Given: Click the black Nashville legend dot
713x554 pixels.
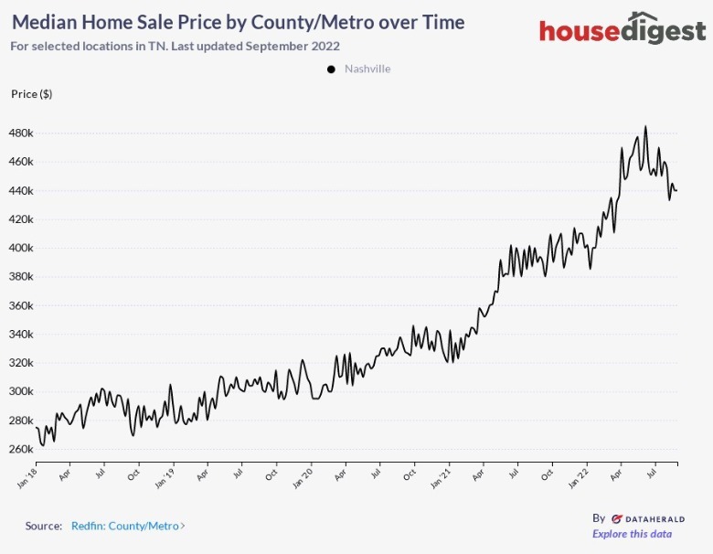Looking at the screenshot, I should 330,69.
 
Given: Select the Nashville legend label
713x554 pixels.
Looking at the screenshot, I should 367,69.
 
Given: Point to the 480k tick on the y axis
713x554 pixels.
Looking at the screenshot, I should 22,133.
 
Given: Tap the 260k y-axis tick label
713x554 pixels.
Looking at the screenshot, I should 22,449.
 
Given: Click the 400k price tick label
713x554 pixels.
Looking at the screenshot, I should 22,248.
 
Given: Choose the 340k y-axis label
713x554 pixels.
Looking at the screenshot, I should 22,334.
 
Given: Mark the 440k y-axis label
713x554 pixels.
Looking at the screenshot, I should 22,190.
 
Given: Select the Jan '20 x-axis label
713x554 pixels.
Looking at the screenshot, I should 303,476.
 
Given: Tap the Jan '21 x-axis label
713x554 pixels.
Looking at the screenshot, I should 441,476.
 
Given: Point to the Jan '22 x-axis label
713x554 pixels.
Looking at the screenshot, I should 579,476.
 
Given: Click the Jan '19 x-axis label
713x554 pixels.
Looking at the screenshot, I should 165,476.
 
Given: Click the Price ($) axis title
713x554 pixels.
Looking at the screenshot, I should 31,94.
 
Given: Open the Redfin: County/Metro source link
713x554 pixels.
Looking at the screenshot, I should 128,526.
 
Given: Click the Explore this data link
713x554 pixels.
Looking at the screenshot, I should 632,534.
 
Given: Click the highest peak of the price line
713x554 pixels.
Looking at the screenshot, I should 645,127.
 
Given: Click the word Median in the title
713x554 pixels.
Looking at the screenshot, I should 43,22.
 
